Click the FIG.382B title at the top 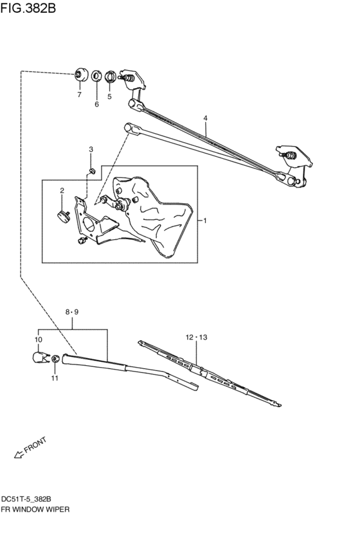click(28, 8)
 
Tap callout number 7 click(79, 94)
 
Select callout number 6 click(96, 104)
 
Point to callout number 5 click(109, 96)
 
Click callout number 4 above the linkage click(206, 119)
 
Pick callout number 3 click(91, 150)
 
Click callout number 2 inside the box click(62, 190)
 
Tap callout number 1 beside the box click(205, 220)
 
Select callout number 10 click(39, 339)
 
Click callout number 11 click(55, 378)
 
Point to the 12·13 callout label click(197, 337)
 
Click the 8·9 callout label click(72, 312)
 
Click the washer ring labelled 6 click(96, 76)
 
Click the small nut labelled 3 click(92, 171)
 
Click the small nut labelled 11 click(55, 359)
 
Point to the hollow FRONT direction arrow click(19, 454)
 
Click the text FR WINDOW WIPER click(35, 509)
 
